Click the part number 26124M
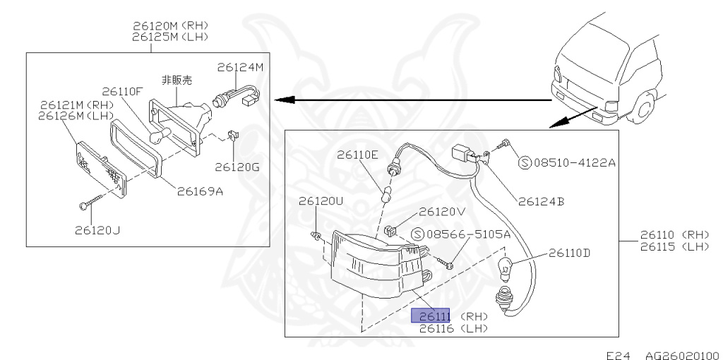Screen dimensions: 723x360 pyautogui.click(x=240, y=67)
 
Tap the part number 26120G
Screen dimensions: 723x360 pyautogui.click(x=237, y=167)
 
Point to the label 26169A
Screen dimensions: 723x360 pyautogui.click(x=200, y=191)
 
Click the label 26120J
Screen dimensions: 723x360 pyautogui.click(x=97, y=230)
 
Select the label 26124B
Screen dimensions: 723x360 pyautogui.click(x=542, y=201)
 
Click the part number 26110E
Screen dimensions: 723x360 pyautogui.click(x=357, y=155)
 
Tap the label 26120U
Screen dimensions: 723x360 pyautogui.click(x=321, y=201)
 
